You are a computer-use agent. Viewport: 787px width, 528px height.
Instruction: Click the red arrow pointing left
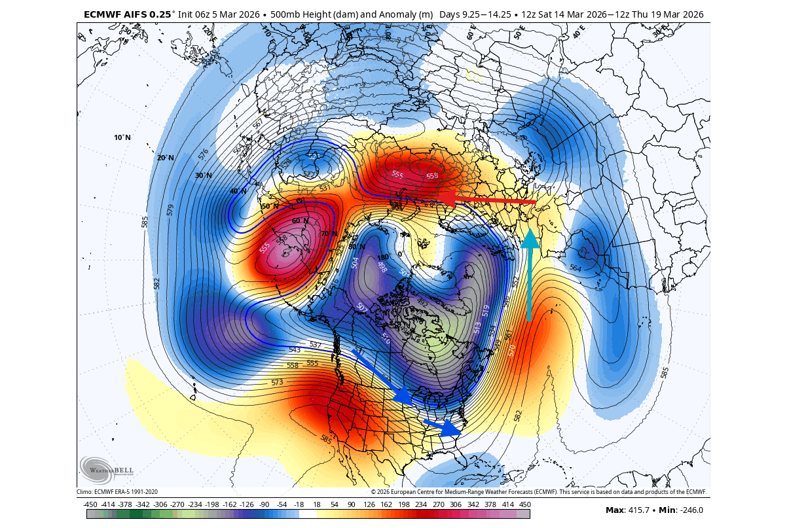(x=488, y=200)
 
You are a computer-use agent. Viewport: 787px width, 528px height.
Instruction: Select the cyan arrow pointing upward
(x=529, y=275)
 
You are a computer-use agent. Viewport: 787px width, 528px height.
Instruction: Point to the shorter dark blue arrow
(x=443, y=427)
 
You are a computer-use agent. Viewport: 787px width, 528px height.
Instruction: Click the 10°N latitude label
(x=122, y=137)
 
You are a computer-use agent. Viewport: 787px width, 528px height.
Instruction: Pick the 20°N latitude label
(x=166, y=158)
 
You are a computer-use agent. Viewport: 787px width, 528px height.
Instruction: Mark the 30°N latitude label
(x=204, y=175)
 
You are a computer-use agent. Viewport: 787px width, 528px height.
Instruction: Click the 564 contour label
(x=575, y=268)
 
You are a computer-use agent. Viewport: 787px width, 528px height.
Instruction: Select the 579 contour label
(x=170, y=210)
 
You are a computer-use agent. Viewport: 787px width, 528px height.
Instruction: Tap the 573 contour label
(x=277, y=382)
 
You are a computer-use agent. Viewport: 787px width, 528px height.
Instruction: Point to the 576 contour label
(x=204, y=155)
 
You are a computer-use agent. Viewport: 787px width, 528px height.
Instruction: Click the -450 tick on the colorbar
(x=90, y=504)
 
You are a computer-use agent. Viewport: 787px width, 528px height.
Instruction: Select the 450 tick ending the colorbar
(x=524, y=504)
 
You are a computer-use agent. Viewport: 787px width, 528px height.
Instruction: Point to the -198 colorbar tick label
(x=211, y=504)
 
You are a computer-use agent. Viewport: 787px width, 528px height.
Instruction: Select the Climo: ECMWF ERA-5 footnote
(x=117, y=491)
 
